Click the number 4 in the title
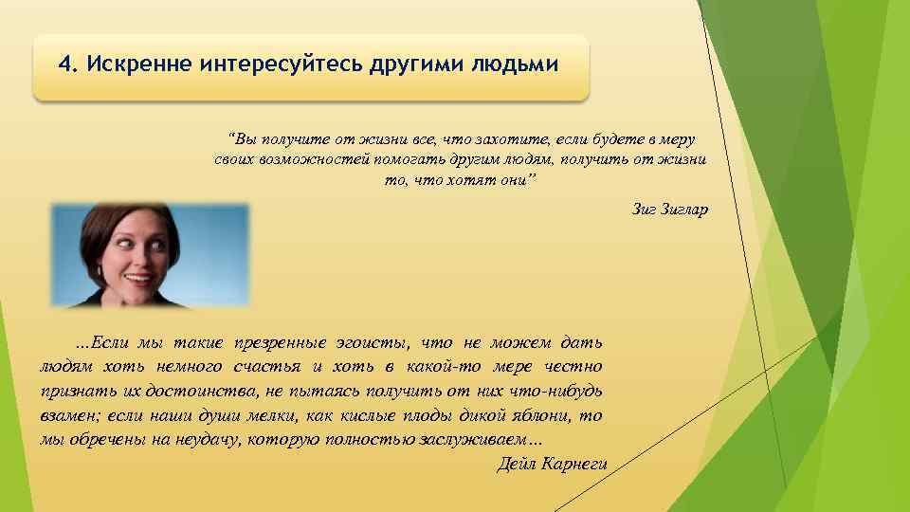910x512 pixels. [x=64, y=64]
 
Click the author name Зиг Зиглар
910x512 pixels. [x=669, y=209]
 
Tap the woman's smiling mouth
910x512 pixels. [x=136, y=280]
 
